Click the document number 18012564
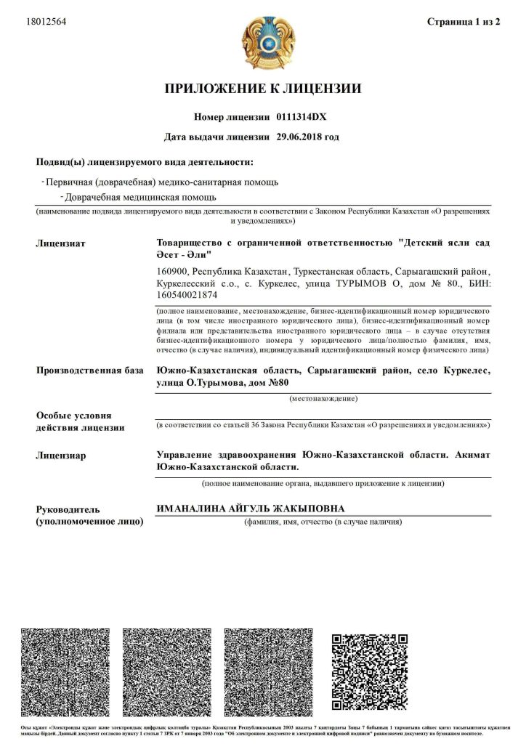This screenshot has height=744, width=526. point(46,22)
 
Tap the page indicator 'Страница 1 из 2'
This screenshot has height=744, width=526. point(464,22)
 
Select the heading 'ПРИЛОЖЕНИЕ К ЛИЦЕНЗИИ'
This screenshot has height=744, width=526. point(263,89)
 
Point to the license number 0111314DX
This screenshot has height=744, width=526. point(302,116)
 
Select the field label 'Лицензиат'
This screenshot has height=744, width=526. point(61,243)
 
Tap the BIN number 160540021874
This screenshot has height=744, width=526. point(187,295)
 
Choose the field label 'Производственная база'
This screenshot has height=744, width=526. point(90,371)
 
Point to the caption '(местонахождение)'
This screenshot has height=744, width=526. point(323,399)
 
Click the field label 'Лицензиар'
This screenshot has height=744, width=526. point(61,456)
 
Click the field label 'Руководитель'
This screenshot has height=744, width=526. point(68,509)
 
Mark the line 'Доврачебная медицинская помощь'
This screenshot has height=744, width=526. point(140,197)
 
